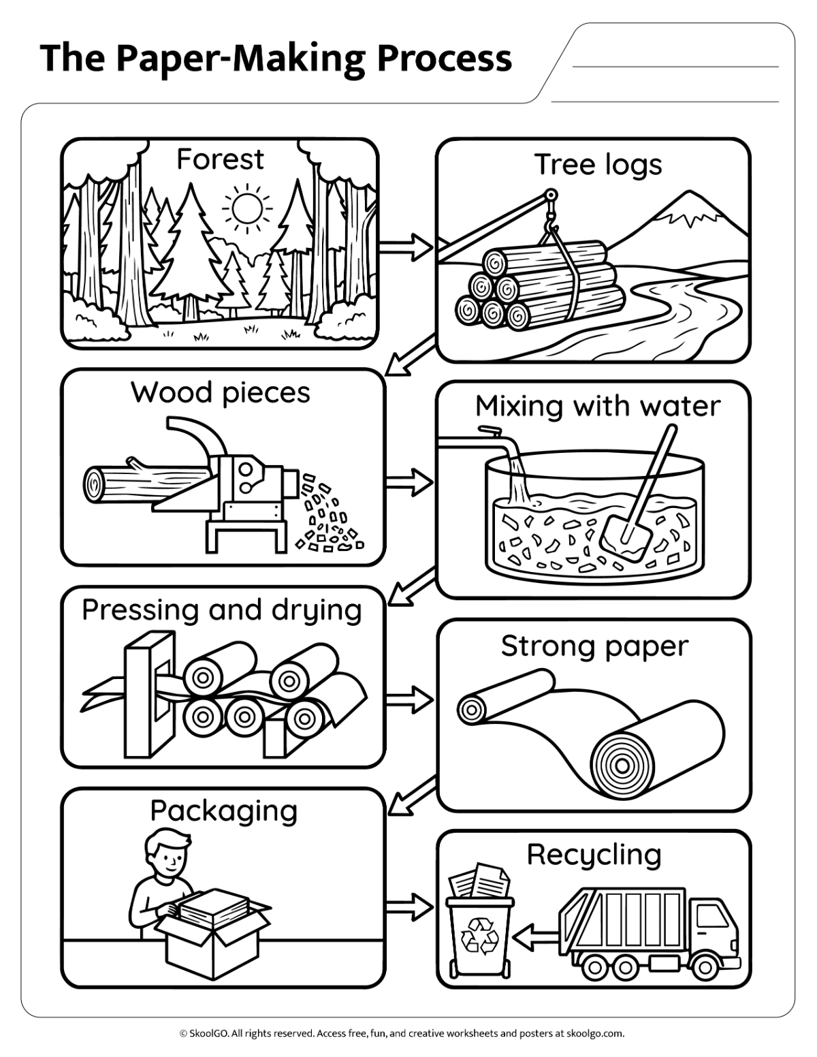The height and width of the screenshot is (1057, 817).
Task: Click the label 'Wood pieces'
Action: pyautogui.click(x=220, y=394)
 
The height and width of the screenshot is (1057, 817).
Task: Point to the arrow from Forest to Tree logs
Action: pyautogui.click(x=405, y=247)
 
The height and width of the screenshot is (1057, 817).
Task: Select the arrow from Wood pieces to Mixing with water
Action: pyautogui.click(x=408, y=482)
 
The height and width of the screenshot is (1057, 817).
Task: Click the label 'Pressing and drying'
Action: pyautogui.click(x=222, y=612)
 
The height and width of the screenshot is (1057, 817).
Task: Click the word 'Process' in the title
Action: pyautogui.click(x=444, y=59)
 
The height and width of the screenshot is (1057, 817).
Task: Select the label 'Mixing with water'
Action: pyautogui.click(x=597, y=406)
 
